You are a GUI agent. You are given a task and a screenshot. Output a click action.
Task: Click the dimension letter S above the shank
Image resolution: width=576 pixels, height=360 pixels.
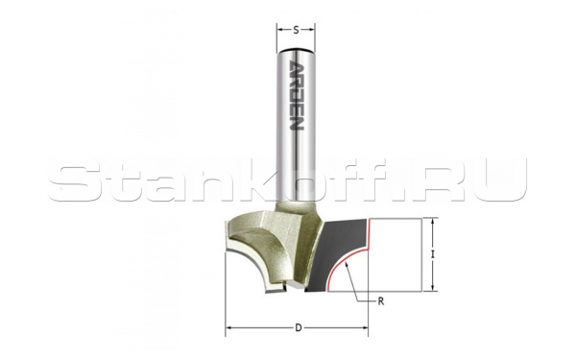[x=297, y=29]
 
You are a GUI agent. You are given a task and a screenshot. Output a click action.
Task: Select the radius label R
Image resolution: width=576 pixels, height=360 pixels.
[x=382, y=300]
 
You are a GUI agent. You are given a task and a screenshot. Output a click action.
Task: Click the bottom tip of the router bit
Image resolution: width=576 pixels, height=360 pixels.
[x=284, y=289]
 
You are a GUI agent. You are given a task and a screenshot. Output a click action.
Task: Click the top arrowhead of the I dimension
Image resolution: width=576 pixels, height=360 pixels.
[x=434, y=222]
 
